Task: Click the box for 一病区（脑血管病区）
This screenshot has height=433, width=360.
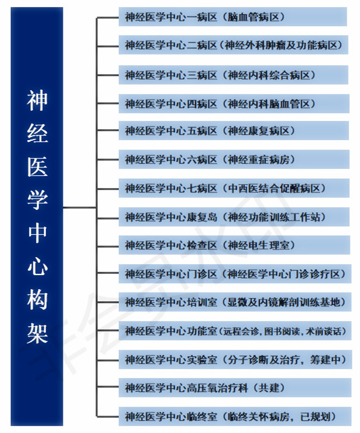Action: point(233,17)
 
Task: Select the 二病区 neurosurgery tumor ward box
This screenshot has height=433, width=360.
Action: point(233,45)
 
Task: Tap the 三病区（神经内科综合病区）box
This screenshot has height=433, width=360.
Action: point(233,75)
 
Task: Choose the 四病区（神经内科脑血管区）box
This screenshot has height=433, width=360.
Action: point(234,104)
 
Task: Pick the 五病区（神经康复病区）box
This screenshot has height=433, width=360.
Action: point(234,130)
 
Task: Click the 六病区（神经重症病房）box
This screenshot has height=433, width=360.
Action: point(234,159)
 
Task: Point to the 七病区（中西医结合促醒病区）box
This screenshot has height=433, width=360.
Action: point(234,188)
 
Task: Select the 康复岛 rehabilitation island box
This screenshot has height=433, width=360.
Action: point(234,217)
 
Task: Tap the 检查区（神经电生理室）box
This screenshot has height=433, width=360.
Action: point(235,245)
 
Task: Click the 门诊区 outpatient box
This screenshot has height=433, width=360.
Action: point(235,274)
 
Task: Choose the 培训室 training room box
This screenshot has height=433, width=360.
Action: point(235,302)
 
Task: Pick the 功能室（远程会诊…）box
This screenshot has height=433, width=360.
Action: point(235,331)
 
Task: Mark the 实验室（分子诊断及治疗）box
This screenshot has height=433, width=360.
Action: point(235,359)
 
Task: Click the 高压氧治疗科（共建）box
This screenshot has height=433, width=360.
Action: point(235,388)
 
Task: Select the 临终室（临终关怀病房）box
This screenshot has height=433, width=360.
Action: point(235,416)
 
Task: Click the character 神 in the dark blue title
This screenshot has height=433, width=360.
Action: point(37,100)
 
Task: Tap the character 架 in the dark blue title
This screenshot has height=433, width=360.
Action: point(37,333)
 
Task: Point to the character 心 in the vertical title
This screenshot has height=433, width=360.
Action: point(37,267)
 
